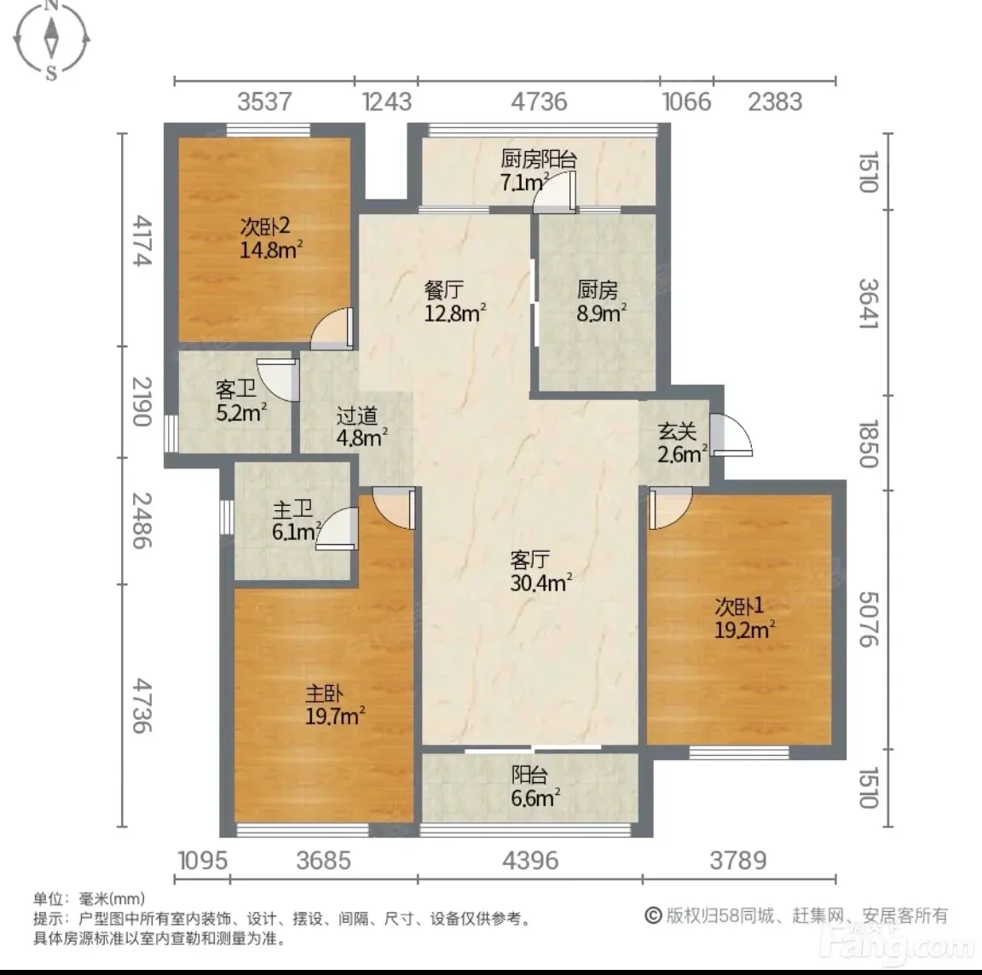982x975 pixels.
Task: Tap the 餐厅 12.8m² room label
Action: pos(455,301)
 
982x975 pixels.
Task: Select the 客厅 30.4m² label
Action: pos(540,571)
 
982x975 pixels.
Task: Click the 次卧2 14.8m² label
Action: pos(271,238)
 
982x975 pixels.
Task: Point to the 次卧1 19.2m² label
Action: pos(745,618)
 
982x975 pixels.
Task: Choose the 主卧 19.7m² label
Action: pos(334,705)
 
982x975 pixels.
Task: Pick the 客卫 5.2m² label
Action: pos(241,401)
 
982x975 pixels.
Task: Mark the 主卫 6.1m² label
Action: pos(297,520)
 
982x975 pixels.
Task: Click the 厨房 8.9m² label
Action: pos(601,301)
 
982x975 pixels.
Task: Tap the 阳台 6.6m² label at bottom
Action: pos(534,786)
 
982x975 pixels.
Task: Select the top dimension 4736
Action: pos(539,102)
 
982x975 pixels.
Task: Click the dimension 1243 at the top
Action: pos(387,102)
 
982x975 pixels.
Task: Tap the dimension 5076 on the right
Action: pos(869,619)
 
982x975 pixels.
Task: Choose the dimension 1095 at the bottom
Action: pos(203,861)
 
